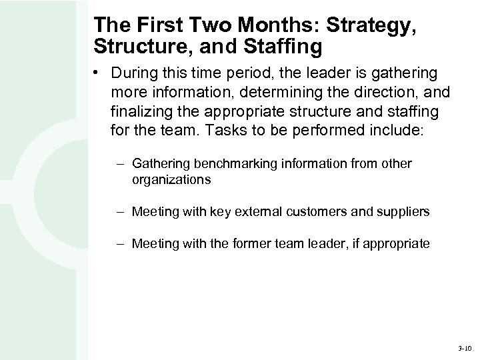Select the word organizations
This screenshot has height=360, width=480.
[x=171, y=179]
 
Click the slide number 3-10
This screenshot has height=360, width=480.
[x=464, y=348]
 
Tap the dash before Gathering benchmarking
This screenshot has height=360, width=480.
[x=121, y=163]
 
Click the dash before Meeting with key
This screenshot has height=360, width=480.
[x=121, y=212]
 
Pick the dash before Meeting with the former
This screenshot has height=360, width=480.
[x=121, y=243]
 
